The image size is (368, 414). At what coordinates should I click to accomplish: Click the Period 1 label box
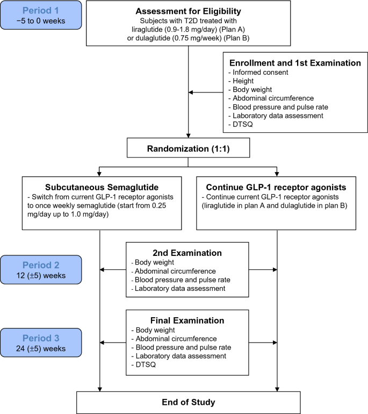tap(41, 15)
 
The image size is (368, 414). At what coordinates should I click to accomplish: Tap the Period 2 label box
tap(41, 269)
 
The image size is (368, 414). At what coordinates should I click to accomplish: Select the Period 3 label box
tap(41, 342)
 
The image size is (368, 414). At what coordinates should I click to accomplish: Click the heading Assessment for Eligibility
tap(189, 11)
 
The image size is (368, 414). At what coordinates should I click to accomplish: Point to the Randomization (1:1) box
tap(189, 148)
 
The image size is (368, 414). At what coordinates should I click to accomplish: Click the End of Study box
tap(189, 402)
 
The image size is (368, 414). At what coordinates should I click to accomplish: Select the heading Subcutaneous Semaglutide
tap(102, 187)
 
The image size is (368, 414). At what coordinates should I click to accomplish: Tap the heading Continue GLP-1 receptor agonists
tap(276, 187)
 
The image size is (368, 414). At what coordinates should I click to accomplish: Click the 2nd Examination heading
tap(187, 253)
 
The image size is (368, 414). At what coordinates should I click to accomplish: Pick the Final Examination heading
tap(187, 320)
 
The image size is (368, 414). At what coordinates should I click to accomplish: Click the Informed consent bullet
tap(258, 73)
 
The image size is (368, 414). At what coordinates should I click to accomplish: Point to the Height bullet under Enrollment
tap(241, 81)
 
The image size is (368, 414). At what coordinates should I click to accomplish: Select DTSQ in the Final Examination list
tap(143, 365)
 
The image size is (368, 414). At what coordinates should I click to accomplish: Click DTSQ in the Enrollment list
tap(241, 124)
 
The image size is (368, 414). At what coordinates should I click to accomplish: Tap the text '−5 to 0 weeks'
tap(41, 21)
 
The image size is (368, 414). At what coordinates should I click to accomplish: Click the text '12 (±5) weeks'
tap(41, 276)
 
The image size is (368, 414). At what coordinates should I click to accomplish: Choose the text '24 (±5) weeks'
tap(41, 348)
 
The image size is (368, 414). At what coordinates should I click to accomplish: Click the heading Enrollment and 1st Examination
tap(295, 63)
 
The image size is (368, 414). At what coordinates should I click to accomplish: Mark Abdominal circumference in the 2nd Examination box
tap(174, 271)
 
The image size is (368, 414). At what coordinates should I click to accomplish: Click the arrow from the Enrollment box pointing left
tap(206, 92)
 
